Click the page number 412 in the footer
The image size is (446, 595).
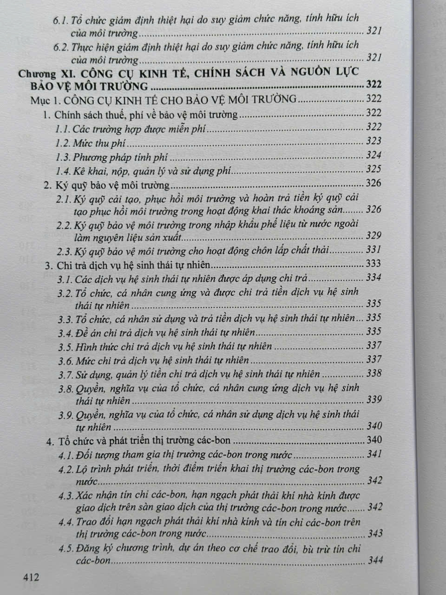(x=31, y=577)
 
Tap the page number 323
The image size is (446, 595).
(x=374, y=141)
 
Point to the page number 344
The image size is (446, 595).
(x=375, y=560)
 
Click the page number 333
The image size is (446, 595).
(x=374, y=264)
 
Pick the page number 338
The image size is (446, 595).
(x=374, y=373)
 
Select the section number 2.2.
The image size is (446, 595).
(x=64, y=225)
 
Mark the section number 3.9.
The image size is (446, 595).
(x=66, y=415)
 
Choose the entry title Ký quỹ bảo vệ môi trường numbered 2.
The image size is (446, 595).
(x=112, y=185)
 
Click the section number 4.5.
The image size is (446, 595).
(x=66, y=549)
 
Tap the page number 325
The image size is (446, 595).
(x=374, y=169)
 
